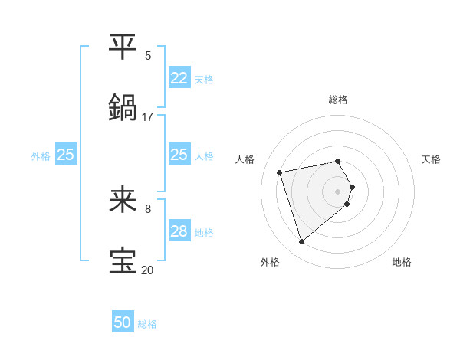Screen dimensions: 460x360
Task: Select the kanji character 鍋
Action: (123, 107)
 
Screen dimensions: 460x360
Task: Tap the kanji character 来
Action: (123, 200)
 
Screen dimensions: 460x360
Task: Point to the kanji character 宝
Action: (123, 260)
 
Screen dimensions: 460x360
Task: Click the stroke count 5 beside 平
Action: (148, 55)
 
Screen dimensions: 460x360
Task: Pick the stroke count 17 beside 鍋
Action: (147, 116)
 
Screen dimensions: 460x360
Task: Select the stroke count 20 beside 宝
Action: (147, 270)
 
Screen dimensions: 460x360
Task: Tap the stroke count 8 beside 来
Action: (148, 208)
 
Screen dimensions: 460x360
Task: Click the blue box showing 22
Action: (179, 78)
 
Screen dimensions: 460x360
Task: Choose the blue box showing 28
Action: (179, 231)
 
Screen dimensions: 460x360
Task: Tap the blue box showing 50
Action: (123, 322)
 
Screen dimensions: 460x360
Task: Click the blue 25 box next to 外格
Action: (66, 155)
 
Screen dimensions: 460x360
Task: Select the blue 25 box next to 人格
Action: (179, 155)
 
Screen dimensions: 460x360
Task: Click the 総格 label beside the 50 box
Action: (147, 324)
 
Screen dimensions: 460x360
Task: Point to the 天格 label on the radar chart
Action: (431, 159)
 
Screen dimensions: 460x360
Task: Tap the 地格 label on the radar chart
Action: (402, 262)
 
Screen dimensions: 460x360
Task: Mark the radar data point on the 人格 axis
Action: (280, 172)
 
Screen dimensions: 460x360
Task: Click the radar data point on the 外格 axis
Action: (301, 242)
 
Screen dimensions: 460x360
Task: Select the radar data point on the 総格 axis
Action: (338, 161)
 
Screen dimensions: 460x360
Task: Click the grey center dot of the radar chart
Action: (338, 191)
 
